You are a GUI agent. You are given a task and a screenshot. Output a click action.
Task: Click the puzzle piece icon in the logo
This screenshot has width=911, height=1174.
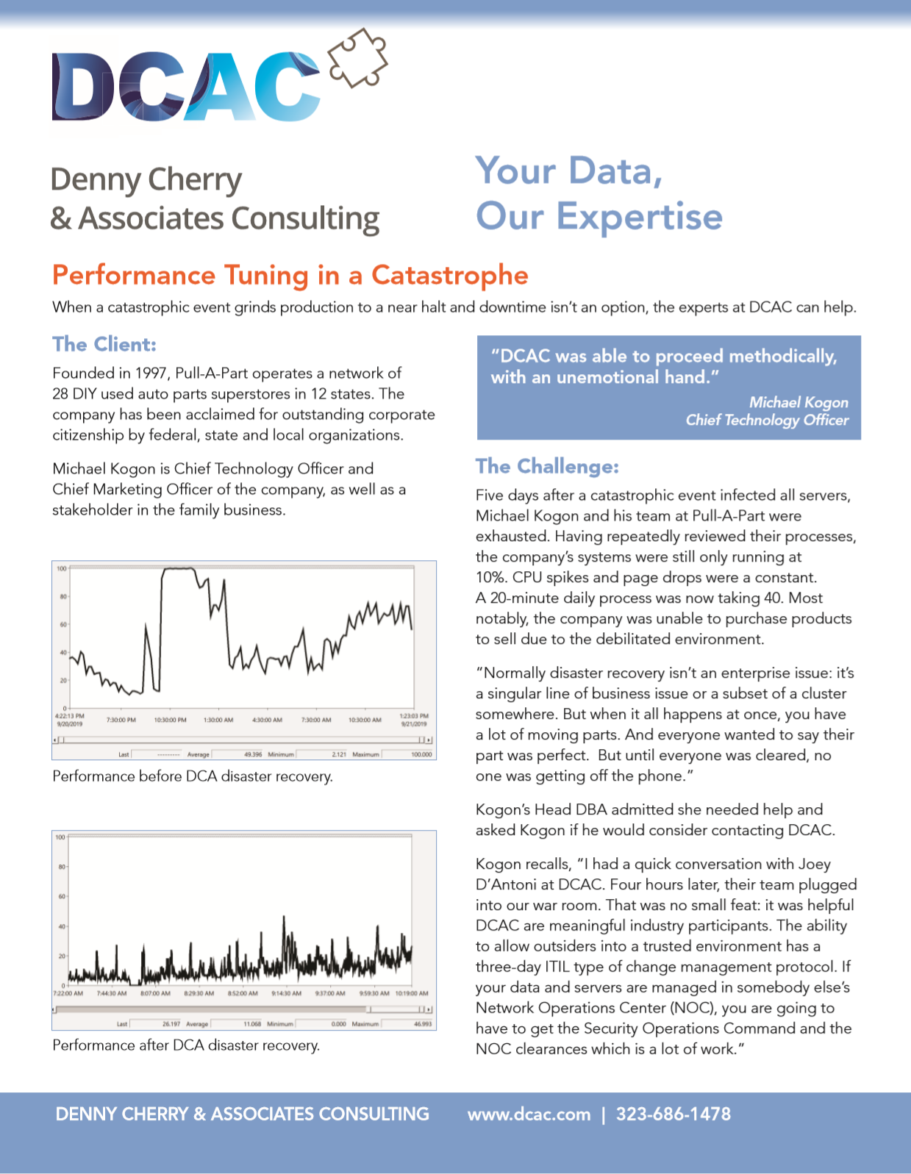coord(358,58)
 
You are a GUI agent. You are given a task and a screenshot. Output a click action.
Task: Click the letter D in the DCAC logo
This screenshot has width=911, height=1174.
coord(82,87)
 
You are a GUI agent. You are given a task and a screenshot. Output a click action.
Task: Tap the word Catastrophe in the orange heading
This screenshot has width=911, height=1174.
coord(449,275)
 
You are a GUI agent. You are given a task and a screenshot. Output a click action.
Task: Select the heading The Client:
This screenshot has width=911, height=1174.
coord(104,344)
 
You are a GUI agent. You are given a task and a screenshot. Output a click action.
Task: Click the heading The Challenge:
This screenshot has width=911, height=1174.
coord(547,466)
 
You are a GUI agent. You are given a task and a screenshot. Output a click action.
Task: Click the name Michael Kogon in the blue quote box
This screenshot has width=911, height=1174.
coord(799,402)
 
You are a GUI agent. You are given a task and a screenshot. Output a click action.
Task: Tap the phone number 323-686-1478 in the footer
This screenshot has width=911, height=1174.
coord(674,1114)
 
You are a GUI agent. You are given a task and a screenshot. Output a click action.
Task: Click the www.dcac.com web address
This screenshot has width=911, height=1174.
coord(529,1114)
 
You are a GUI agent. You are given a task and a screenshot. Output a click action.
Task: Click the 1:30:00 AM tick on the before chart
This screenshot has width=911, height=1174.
coord(218,720)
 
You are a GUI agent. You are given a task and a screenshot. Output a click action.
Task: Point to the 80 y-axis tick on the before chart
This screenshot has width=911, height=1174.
coord(63,596)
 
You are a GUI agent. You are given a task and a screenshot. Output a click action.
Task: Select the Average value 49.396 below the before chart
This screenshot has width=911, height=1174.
coord(253,754)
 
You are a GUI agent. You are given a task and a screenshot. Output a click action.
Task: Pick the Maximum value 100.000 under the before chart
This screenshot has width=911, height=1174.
coord(421,754)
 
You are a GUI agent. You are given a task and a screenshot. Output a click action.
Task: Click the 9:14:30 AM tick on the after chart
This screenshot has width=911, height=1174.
coord(286,993)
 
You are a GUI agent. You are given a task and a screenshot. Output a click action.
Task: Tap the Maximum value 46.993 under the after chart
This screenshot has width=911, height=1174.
coord(423,1023)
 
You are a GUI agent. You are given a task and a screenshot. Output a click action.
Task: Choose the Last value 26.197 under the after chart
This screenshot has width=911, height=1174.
coord(171,1023)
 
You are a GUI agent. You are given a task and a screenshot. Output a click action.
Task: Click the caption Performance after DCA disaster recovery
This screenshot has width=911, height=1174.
coord(186,1045)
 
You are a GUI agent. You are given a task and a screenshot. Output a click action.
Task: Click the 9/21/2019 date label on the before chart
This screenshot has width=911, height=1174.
coord(414,724)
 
